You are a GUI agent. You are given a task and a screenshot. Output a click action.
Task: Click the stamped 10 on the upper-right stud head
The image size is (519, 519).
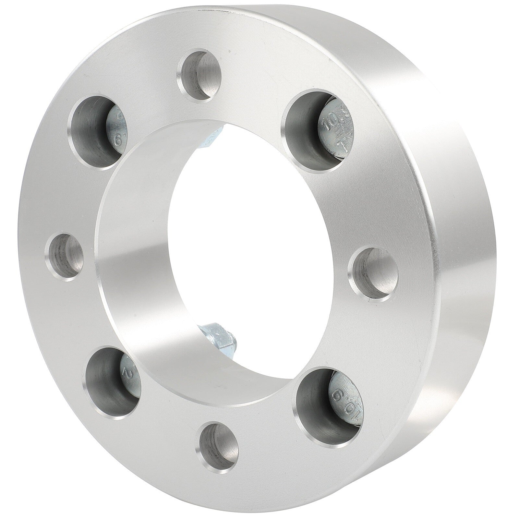[x=325, y=124]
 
